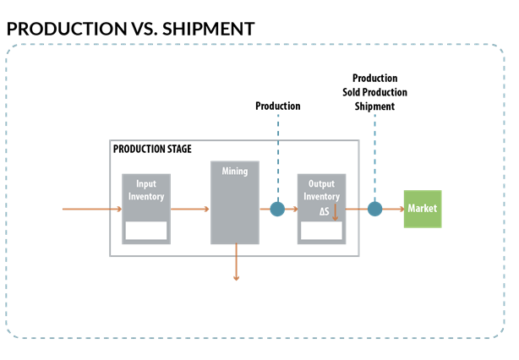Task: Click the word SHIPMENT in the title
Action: tap(208, 29)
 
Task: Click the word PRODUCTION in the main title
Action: tap(67, 29)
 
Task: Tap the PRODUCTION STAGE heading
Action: tap(152, 149)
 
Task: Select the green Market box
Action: tap(423, 209)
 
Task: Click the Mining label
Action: tap(235, 171)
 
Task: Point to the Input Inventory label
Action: tap(146, 190)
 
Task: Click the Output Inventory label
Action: tap(321, 190)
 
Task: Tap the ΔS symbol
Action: tap(325, 211)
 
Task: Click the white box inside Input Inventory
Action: tap(146, 231)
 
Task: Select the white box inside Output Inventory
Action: tap(321, 231)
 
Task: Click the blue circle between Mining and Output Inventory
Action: tap(277, 209)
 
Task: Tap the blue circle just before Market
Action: tap(374, 209)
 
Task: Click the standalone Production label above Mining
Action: tap(278, 106)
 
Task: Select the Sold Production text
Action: tap(374, 92)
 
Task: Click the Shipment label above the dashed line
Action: tap(374, 106)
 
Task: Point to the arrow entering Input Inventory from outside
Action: tap(92, 209)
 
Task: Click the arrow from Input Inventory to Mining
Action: tap(190, 209)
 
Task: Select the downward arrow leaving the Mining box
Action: tap(236, 262)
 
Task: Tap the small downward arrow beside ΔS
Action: tap(335, 212)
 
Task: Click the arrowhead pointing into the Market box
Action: tap(402, 209)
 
